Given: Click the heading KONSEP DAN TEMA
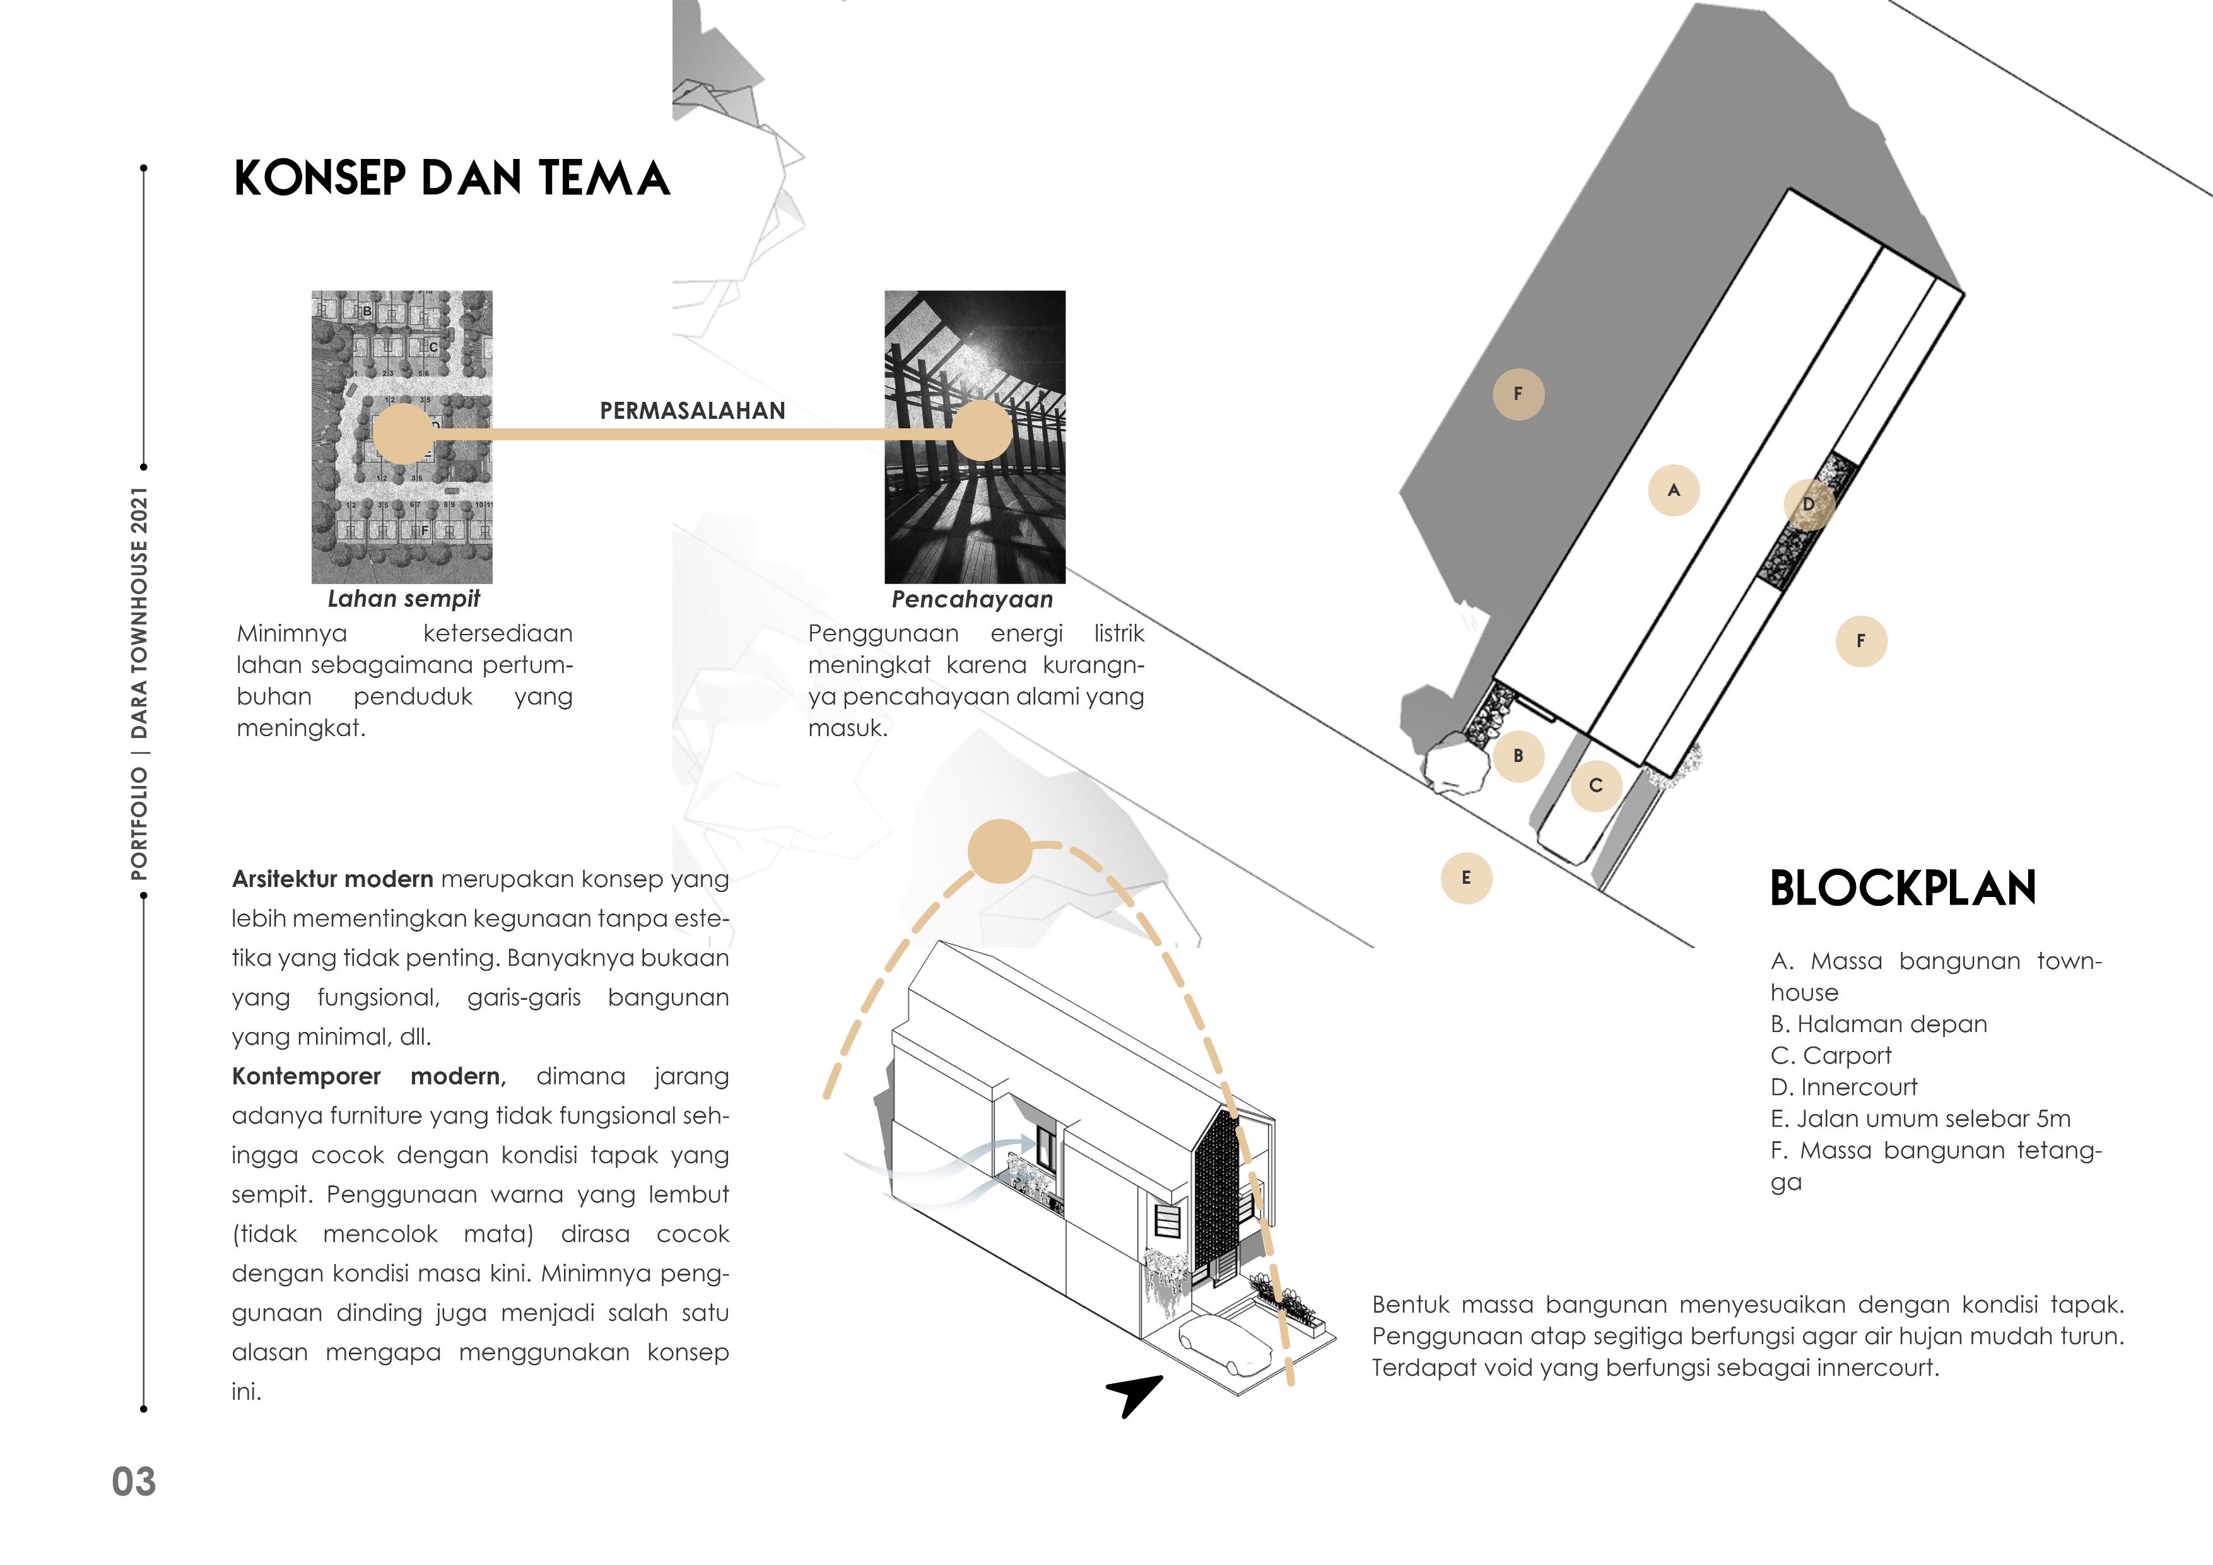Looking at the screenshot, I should pyautogui.click(x=451, y=179).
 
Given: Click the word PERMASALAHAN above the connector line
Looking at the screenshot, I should pyautogui.click(x=692, y=411).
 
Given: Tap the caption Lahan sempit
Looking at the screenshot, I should pyautogui.click(x=403, y=599).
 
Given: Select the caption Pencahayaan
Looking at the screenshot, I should pyautogui.click(x=971, y=599).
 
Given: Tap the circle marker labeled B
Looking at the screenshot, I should pyautogui.click(x=1518, y=756).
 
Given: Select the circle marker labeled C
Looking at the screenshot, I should pyautogui.click(x=1595, y=785).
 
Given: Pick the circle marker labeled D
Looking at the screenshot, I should pyautogui.click(x=1808, y=504).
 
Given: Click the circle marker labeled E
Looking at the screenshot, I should pyautogui.click(x=1466, y=878).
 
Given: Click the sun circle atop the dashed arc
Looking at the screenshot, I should pyautogui.click(x=999, y=851).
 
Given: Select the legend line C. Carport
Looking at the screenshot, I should pyautogui.click(x=1830, y=1056).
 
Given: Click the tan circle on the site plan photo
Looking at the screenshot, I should pyautogui.click(x=403, y=433).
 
